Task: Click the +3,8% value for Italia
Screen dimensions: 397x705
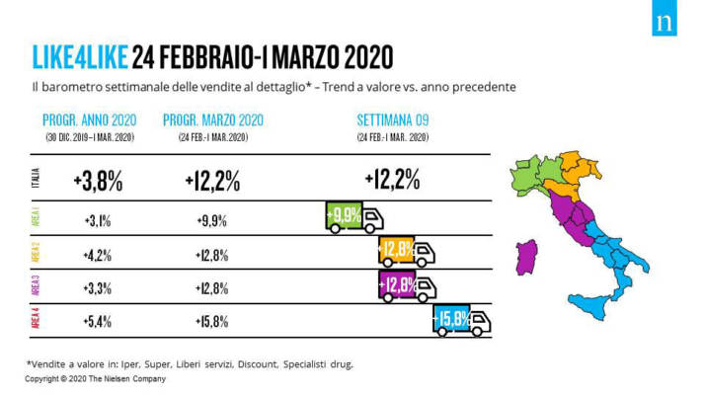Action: [x=97, y=180]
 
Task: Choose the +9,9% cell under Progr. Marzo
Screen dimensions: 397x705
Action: [x=211, y=220]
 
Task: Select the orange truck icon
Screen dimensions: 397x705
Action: [x=407, y=252]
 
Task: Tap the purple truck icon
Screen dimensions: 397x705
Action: [x=407, y=286]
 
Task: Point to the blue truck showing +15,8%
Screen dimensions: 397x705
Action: [x=462, y=320]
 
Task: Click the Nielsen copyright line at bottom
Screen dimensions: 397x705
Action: [x=95, y=378]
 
